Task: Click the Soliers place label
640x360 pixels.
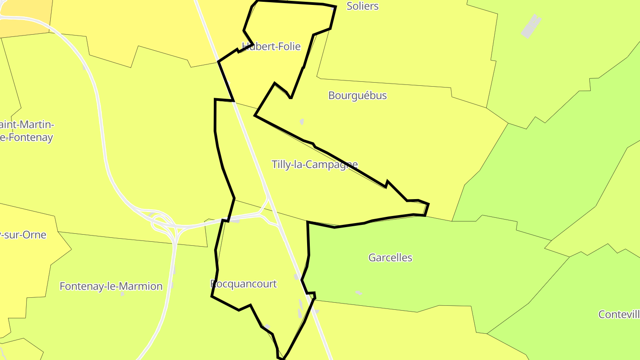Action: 362,6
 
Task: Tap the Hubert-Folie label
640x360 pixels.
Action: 271,46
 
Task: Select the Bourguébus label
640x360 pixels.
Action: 357,96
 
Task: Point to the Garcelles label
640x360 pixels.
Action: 390,257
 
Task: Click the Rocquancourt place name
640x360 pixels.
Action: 244,284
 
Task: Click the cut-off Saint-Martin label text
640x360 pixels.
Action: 27,125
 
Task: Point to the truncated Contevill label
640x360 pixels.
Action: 619,315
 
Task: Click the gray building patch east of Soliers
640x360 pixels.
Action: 531,26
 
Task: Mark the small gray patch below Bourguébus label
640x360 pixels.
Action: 302,121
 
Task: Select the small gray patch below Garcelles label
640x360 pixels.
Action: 359,292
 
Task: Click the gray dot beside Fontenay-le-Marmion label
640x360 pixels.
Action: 123,294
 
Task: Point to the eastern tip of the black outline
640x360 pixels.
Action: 428,205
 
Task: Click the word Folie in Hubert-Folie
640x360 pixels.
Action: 288,46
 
